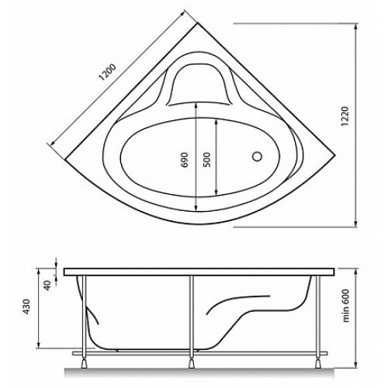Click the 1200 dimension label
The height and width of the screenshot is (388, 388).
point(108,72)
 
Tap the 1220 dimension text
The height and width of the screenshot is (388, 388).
point(345,116)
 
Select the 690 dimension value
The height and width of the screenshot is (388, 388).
point(185,160)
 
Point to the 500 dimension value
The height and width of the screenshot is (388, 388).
point(207,160)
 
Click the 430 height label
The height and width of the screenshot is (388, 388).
point(26,307)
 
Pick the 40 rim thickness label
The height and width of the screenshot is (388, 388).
point(47,286)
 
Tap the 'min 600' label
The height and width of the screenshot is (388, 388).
point(346,306)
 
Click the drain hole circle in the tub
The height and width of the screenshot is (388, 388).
point(257,157)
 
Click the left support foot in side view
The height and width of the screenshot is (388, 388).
point(85,363)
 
